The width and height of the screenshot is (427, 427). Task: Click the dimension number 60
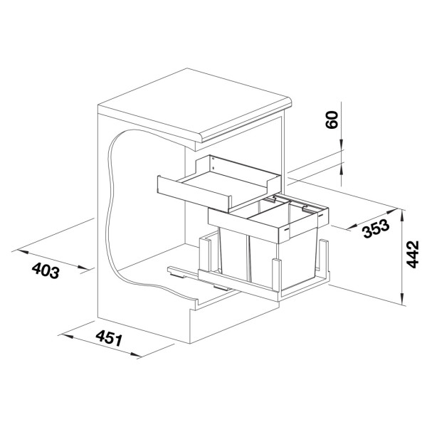tap(332, 120)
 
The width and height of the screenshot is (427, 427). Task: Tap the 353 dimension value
tap(376, 228)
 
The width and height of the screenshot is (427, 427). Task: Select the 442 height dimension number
tap(412, 254)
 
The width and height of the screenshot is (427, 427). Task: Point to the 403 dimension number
tap(46, 270)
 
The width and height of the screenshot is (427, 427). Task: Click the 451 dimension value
tap(109, 338)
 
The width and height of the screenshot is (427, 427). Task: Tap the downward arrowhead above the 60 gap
tap(341, 144)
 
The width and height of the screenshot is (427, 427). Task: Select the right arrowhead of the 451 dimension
tap(135, 354)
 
